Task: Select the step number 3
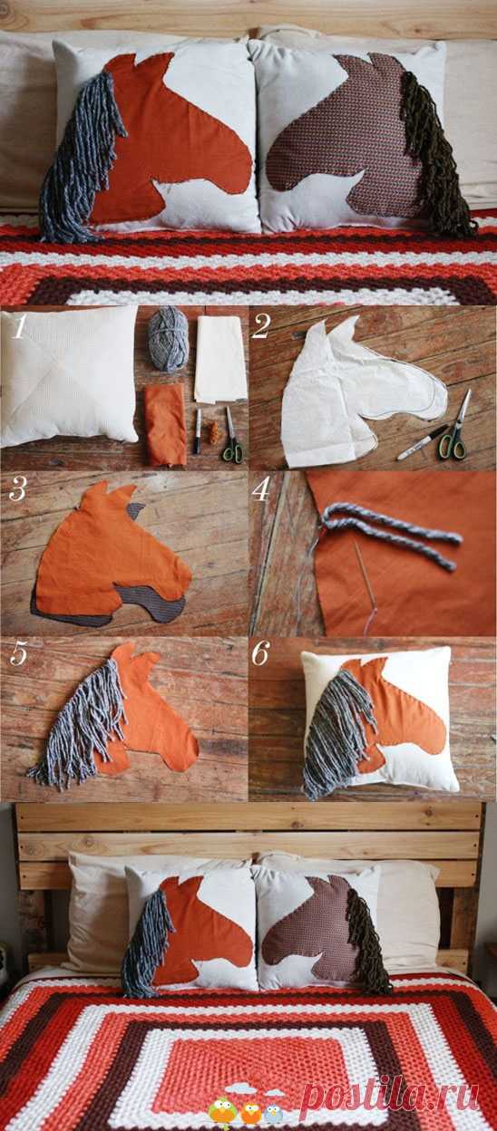pyautogui.click(x=17, y=488)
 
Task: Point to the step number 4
pyautogui.click(x=261, y=488)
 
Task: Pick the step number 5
pyautogui.click(x=17, y=653)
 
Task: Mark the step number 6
pyautogui.click(x=261, y=653)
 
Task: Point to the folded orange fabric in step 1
pyautogui.click(x=165, y=425)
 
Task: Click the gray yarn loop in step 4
pyautogui.click(x=389, y=533)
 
